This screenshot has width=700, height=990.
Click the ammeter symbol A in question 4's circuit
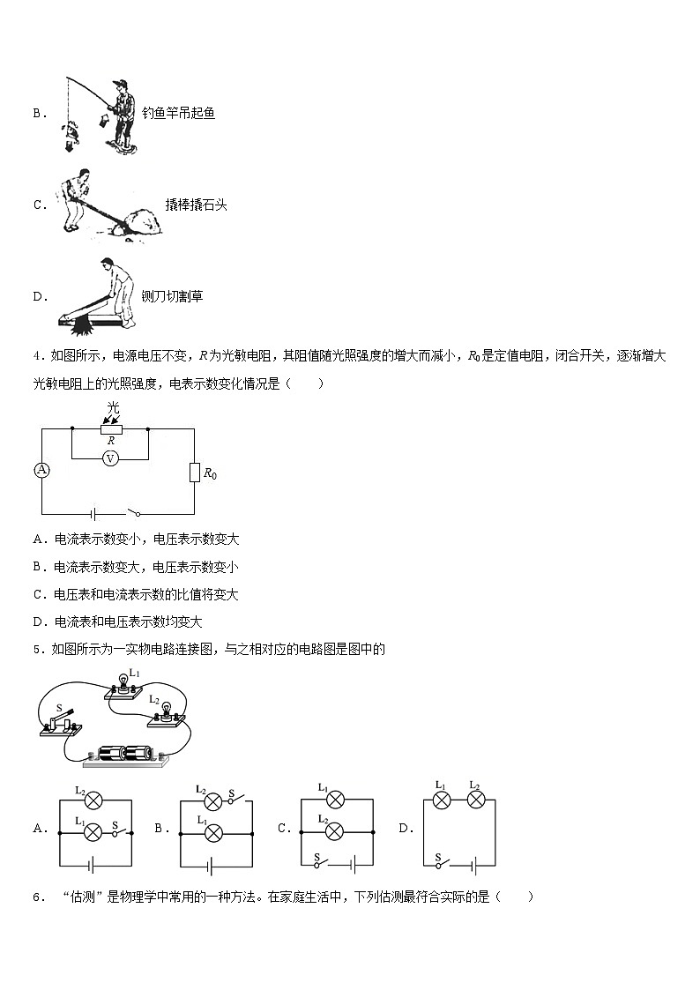(x=41, y=470)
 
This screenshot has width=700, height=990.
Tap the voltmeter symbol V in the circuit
(x=111, y=458)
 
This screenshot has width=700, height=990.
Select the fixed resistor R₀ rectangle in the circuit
(x=194, y=473)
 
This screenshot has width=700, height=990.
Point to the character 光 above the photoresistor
(x=112, y=407)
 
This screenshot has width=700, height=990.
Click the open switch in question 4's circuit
(x=131, y=511)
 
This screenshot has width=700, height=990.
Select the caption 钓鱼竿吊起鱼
(x=178, y=113)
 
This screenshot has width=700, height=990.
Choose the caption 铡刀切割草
(x=173, y=296)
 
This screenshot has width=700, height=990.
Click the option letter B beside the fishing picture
(x=38, y=113)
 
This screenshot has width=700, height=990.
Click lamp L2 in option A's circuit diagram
(x=93, y=800)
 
